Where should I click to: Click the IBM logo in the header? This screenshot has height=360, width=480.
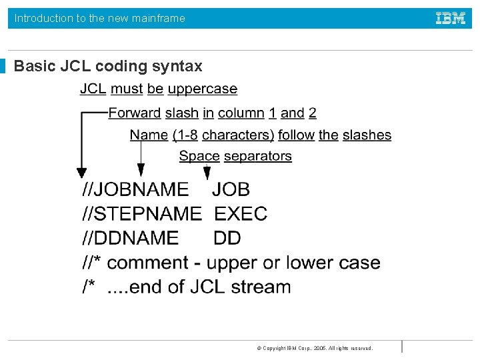click(451, 18)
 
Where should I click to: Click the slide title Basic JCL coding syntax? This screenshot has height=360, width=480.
click(108, 66)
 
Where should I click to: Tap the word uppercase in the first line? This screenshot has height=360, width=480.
click(202, 89)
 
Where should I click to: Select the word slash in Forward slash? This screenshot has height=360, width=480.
click(182, 113)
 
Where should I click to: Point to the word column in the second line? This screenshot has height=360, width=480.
click(241, 113)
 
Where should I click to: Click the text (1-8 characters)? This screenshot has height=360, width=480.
click(223, 135)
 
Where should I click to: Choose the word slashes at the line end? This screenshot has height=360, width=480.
click(367, 135)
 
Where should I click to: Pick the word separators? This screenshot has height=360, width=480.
click(257, 156)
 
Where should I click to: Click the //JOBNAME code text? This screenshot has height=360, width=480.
click(135, 189)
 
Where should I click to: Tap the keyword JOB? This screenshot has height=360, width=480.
click(231, 189)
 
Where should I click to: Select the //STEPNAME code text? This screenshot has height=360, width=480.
click(141, 213)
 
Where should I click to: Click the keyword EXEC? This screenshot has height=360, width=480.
click(241, 213)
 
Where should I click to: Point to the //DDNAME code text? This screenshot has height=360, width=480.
click(130, 238)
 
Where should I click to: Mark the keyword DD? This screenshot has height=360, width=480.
click(227, 238)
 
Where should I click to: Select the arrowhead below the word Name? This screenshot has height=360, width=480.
click(141, 173)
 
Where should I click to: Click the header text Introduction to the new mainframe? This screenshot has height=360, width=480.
click(100, 18)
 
